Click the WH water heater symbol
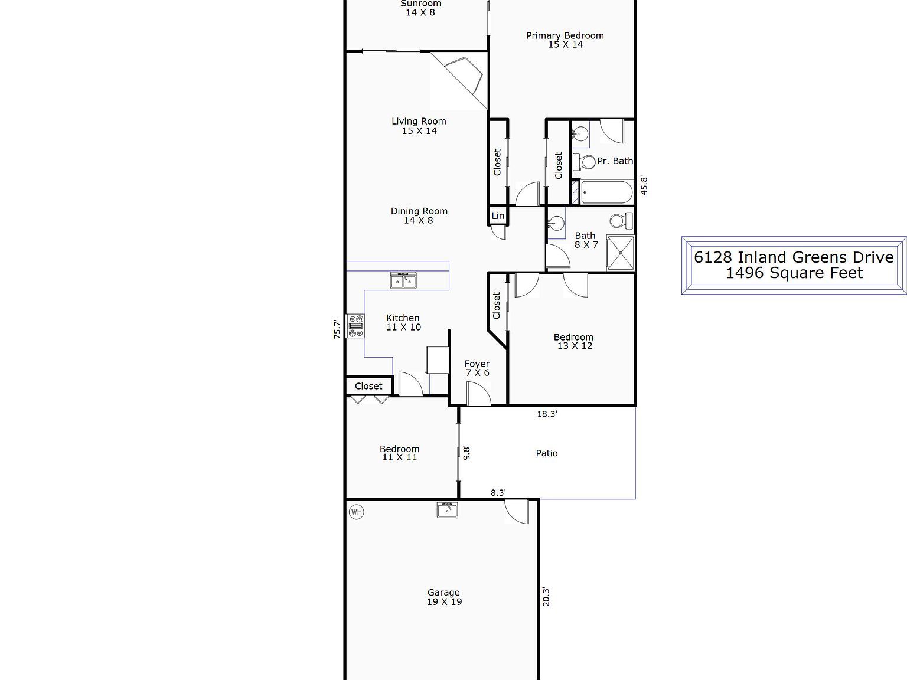[x=356, y=512]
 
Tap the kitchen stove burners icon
[x=356, y=326]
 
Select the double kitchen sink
[x=403, y=280]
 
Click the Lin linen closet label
[x=498, y=215]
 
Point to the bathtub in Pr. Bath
[x=606, y=192]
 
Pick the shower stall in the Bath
[x=620, y=253]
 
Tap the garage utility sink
[x=447, y=511]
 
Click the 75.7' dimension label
[x=338, y=329]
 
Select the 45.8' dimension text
[x=644, y=185]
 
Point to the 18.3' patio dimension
[x=547, y=414]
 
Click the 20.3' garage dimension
[x=546, y=597]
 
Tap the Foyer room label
[x=477, y=364]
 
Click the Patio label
[x=547, y=453]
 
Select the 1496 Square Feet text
[x=794, y=273]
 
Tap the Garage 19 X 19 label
[x=444, y=597]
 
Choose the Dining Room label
[x=419, y=211]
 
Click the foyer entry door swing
[x=479, y=394]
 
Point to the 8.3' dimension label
[x=498, y=493]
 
